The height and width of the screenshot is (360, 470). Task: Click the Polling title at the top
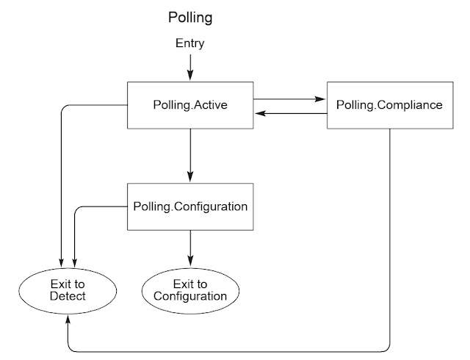189,16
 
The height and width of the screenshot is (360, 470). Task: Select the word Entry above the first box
189,44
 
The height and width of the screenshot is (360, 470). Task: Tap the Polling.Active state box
190,104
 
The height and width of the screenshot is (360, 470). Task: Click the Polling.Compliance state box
388,104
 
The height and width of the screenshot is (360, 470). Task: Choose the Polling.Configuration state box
190,206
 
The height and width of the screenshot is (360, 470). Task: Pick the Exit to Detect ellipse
68,289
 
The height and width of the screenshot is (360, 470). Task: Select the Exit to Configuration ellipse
190,289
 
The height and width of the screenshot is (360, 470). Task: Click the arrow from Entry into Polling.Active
190,67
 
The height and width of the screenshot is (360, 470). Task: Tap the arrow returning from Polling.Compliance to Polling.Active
289,113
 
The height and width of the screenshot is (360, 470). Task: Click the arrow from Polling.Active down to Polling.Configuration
190,155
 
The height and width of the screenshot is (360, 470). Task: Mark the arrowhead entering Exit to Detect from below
68,317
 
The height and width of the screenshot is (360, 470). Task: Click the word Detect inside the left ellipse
68,296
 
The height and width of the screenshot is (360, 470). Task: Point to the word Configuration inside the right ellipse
190,296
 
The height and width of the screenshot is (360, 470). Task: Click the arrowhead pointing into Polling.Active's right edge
258,113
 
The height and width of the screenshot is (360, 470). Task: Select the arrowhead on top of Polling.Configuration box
190,178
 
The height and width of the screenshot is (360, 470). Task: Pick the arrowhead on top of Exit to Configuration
190,262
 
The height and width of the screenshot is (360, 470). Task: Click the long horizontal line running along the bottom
228,351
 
